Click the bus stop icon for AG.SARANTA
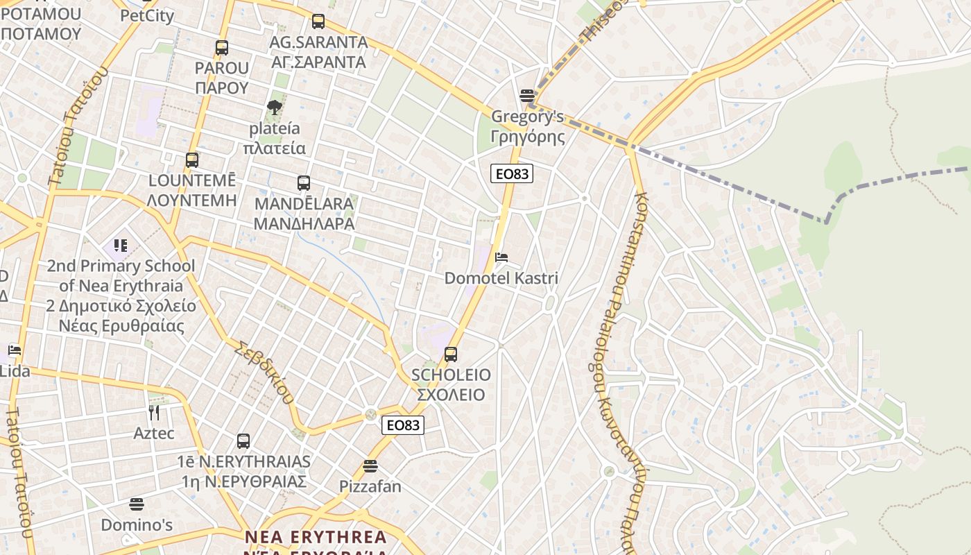click(318, 22)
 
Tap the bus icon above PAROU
click(222, 48)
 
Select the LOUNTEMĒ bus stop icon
click(192, 160)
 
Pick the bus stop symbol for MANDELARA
click(304, 183)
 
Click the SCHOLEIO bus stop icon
click(451, 355)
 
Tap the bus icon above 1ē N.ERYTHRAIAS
click(243, 441)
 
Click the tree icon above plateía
click(275, 107)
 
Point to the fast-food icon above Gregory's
click(527, 95)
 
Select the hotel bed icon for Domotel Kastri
click(501, 257)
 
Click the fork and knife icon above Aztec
click(154, 413)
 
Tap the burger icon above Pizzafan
click(370, 466)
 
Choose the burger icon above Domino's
click(137, 504)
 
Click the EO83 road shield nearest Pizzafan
click(403, 425)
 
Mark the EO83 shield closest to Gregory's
click(512, 173)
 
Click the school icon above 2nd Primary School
click(121, 246)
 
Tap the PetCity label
click(147, 15)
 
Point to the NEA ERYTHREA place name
click(316, 538)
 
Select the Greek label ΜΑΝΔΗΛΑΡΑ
click(304, 224)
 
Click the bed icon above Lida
click(15, 350)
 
